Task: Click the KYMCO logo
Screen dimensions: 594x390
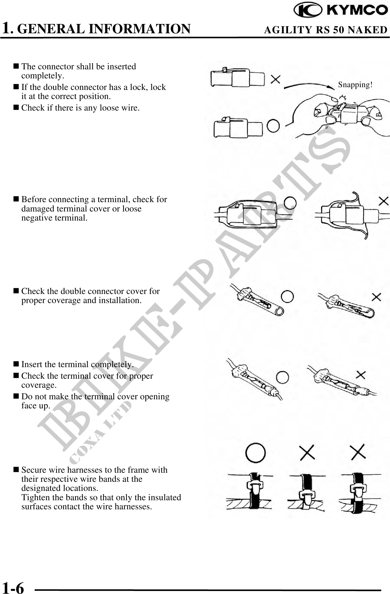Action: (x=341, y=10)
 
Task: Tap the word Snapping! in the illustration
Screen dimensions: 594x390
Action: (x=355, y=85)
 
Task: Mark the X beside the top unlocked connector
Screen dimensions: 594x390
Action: (x=275, y=80)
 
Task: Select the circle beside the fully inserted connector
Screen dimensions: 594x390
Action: (x=273, y=126)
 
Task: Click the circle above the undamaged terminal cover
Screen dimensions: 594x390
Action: (x=290, y=203)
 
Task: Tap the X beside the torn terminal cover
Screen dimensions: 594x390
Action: (x=383, y=201)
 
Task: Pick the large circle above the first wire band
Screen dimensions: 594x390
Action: (x=256, y=452)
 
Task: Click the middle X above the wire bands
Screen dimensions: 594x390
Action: (x=307, y=452)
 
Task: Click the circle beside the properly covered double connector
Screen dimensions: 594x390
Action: (x=287, y=296)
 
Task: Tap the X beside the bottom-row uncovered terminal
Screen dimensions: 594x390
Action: (x=361, y=375)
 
